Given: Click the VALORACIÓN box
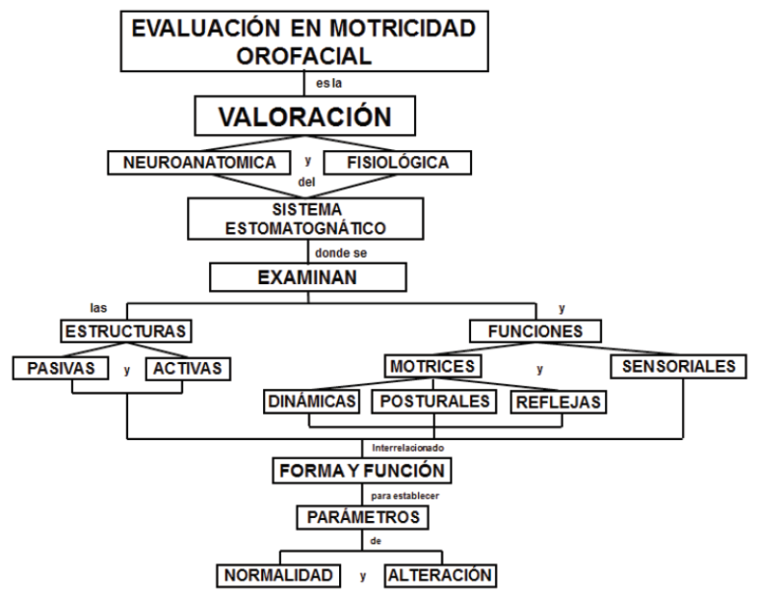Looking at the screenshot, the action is click(x=305, y=115).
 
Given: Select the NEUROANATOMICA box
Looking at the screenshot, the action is click(x=199, y=163).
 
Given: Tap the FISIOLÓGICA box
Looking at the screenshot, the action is click(x=397, y=163).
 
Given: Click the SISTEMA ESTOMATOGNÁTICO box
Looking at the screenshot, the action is click(x=306, y=218).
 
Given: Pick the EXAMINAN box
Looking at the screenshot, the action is click(x=308, y=277).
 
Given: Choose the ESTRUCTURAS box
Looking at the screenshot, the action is click(x=126, y=332).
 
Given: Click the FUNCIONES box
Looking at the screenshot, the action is click(x=535, y=332).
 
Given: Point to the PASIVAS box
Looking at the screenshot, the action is click(x=61, y=368).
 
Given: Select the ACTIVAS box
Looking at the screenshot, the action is click(x=188, y=368).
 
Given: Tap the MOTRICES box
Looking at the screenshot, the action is click(x=433, y=366).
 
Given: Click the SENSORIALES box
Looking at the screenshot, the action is click(x=678, y=366).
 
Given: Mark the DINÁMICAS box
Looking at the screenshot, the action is click(x=311, y=402).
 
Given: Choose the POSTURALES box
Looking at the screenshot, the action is click(x=434, y=402).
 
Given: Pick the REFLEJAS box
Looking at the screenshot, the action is click(x=558, y=402).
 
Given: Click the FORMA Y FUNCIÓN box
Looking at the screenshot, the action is click(x=362, y=471).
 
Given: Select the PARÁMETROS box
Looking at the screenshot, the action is click(x=363, y=517).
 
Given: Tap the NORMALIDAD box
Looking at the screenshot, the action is click(x=278, y=575).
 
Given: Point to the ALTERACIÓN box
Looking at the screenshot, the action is click(x=441, y=575).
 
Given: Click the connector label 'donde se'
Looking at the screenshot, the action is click(x=341, y=253).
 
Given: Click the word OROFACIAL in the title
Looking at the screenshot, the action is click(x=304, y=56).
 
